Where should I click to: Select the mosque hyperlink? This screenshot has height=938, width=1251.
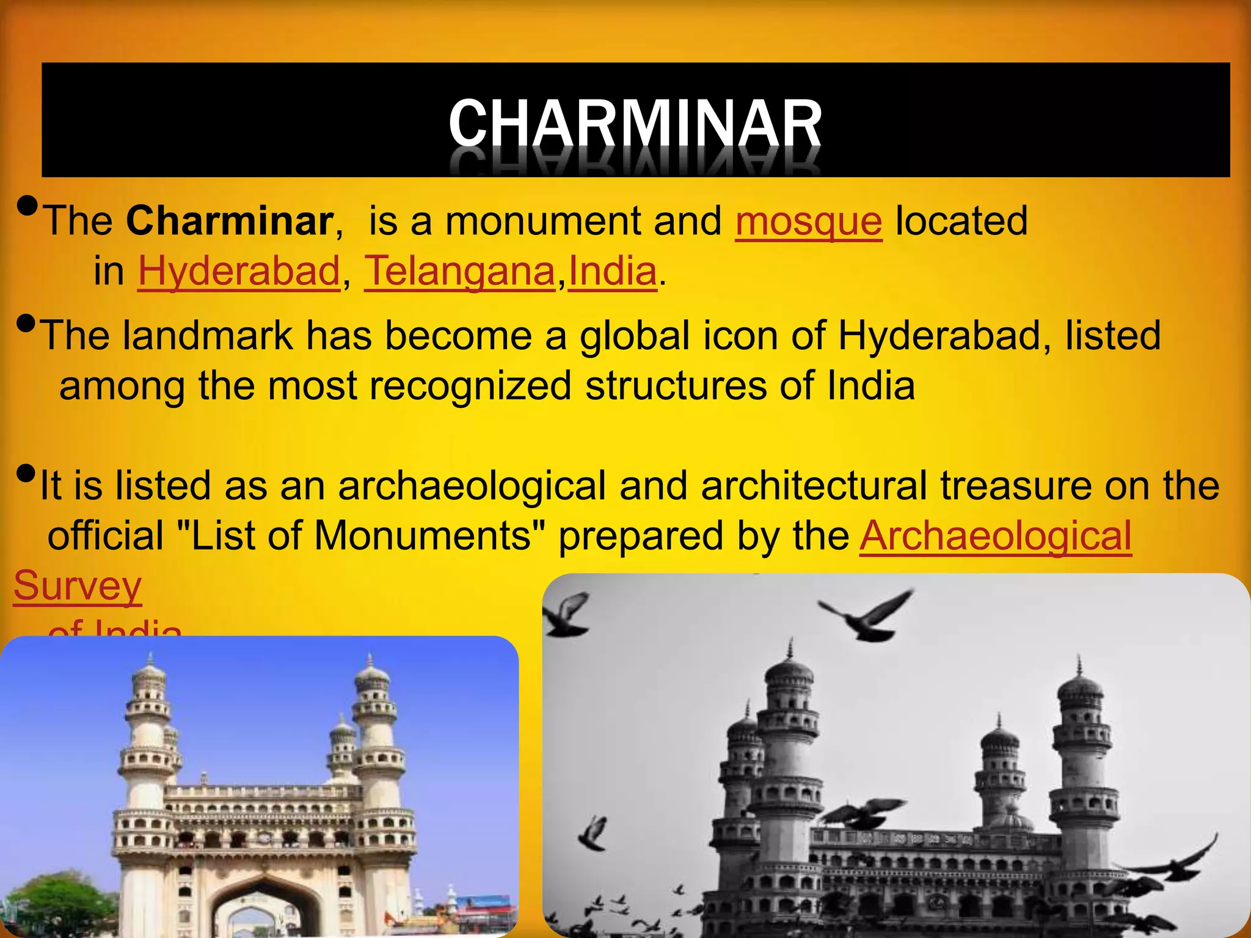[x=808, y=220]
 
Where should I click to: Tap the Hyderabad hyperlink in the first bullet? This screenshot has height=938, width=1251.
[x=238, y=271]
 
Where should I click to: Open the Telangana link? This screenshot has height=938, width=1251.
[x=459, y=271]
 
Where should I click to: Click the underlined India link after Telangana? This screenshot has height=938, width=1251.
[x=613, y=271]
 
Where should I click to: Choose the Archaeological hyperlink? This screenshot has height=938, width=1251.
[x=996, y=536]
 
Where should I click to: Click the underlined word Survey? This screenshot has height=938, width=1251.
[x=78, y=586]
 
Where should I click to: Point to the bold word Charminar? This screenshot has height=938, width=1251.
[x=230, y=220]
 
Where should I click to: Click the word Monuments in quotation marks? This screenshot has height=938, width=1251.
[x=422, y=536]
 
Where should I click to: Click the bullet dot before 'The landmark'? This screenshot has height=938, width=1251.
[x=26, y=322]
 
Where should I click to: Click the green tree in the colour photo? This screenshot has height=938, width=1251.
[x=55, y=904]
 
